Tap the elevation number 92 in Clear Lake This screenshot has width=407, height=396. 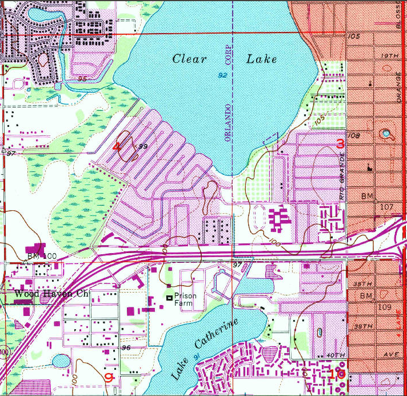(x=222, y=75)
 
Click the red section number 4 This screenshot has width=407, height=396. (x=117, y=146)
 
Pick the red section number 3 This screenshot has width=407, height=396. (x=340, y=143)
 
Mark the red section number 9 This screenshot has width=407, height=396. (x=109, y=377)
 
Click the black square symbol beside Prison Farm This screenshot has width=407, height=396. (x=169, y=297)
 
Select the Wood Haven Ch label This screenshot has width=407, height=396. (x=51, y=294)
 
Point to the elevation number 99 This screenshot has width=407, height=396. (x=143, y=147)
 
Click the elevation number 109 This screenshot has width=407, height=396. (x=384, y=307)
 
